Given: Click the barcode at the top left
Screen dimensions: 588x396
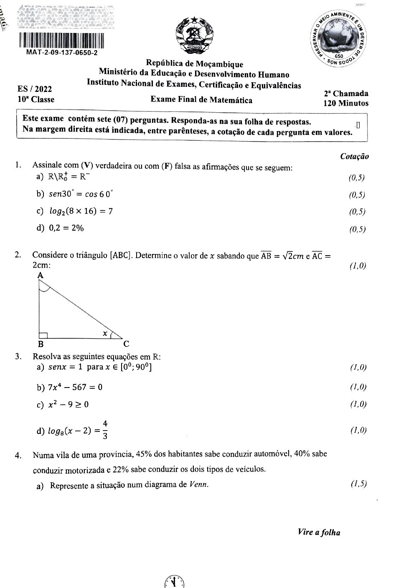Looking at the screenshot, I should click(61, 40).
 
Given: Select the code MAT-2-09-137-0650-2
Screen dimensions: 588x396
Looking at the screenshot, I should click(62, 53).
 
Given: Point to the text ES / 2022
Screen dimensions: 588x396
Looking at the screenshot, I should click(35, 89).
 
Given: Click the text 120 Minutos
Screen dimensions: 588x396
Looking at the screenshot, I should click(346, 103).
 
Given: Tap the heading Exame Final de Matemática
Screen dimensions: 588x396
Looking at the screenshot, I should click(201, 100).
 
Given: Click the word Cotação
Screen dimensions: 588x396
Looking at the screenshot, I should click(354, 157).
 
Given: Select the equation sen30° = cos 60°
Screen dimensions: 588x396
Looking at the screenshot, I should click(80, 194).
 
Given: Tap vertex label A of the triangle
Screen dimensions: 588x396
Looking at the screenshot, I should click(41, 275).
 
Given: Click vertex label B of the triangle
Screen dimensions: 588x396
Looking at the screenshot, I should click(41, 344).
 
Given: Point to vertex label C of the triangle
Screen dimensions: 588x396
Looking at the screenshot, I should click(126, 344).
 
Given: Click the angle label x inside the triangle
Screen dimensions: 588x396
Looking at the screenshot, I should click(105, 333).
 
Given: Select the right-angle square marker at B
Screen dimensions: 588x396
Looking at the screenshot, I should click(43, 335).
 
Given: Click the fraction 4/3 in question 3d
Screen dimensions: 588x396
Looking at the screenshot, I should click(105, 430).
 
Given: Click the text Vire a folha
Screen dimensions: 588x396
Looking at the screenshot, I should click(319, 532).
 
